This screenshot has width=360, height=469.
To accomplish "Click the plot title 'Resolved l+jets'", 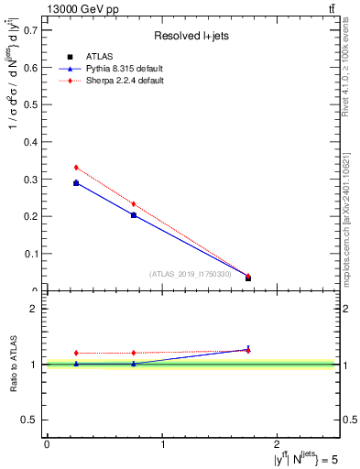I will click(191, 36).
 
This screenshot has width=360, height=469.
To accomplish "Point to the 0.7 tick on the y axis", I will click(34, 30).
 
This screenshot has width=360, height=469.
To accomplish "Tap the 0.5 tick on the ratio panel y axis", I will click(34, 420).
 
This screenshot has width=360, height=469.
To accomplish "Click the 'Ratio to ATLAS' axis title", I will click(14, 364).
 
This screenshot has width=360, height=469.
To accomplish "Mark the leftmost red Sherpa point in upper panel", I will click(76, 168).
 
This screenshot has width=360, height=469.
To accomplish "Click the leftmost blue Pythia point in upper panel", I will click(76, 183).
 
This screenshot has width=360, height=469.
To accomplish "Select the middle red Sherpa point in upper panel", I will click(134, 203).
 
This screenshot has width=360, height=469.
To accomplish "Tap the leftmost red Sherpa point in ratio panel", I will click(76, 353).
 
